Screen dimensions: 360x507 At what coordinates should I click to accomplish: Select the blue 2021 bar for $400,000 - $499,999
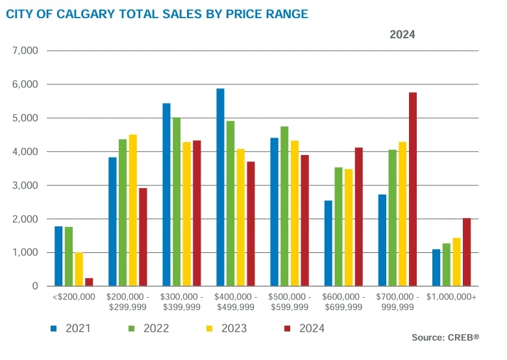(220, 187)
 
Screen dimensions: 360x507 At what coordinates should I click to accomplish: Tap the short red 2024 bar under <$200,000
(89, 282)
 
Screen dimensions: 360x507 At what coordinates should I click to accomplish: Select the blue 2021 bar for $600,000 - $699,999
(328, 243)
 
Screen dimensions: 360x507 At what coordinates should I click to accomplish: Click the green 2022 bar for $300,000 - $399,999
(176, 202)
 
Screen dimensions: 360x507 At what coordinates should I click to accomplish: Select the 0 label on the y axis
(34, 286)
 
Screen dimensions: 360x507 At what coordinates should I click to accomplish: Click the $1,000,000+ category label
(452, 296)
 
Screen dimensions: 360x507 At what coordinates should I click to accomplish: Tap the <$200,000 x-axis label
(73, 296)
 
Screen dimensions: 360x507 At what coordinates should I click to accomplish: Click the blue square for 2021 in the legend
(55, 329)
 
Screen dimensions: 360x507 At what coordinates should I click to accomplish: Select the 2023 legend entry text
(234, 329)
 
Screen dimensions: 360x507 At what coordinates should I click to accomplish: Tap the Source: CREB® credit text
(446, 337)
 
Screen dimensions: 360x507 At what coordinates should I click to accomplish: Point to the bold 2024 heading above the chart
(402, 34)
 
